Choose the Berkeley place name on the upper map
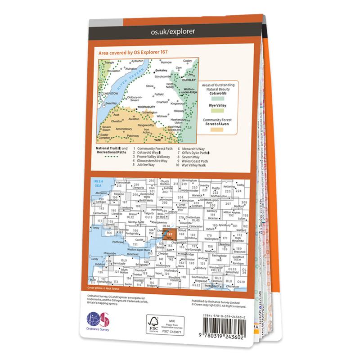[x=161, y=71]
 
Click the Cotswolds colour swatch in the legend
[x=218, y=98]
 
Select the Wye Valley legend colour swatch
[x=218, y=111]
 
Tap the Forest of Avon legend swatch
[x=218, y=130]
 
